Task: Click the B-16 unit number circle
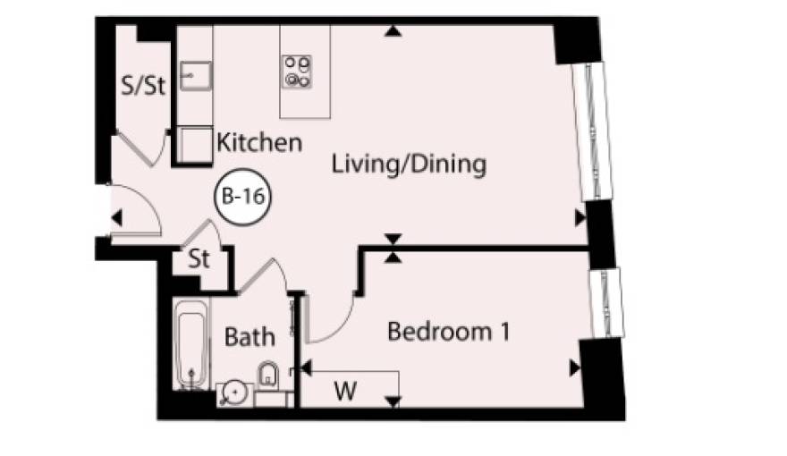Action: pos(243,196)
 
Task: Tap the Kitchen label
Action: pos(259,143)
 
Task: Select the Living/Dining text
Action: pos(409,165)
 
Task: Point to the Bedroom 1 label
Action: pos(449,332)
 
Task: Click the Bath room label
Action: pos(250,336)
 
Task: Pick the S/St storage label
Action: pos(143,85)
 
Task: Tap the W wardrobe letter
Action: pos(346,391)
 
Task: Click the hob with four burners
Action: pos(297,72)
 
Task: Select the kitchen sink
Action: pos(196,76)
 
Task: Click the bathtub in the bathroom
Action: pos(191,344)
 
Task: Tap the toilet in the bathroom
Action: pos(268,375)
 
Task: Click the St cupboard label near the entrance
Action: pos(199,259)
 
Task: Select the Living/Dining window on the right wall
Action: pos(592,131)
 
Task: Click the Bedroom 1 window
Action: pos(605,303)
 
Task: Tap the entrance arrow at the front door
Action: pos(116,218)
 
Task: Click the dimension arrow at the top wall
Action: pos(393,31)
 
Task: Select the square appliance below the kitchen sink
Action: pos(195,145)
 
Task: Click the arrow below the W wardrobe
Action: pos(393,401)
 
